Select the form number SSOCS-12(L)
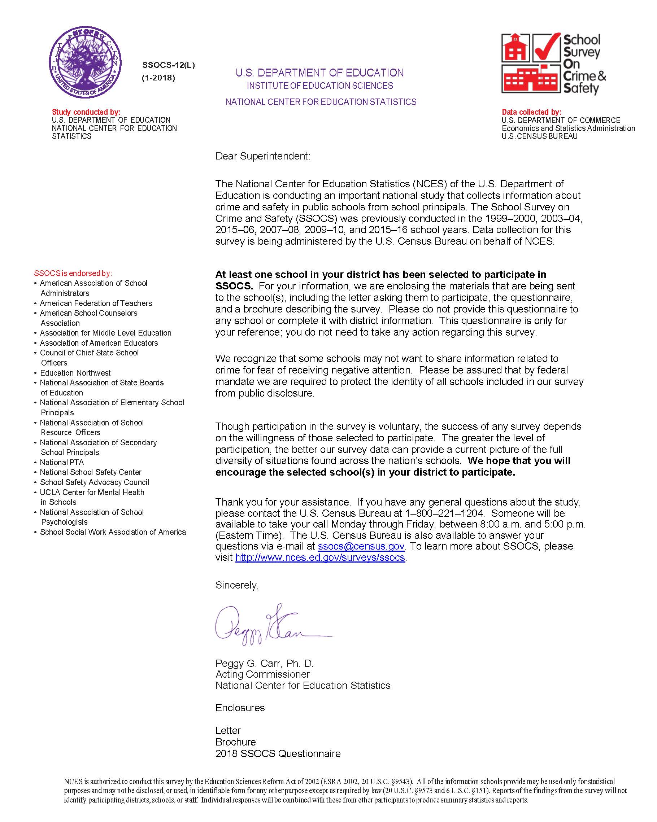point(169,65)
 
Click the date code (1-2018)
point(158,78)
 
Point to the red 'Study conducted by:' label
point(86,112)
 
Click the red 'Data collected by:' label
point(531,112)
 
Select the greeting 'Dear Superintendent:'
point(263,156)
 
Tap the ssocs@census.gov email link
point(361,546)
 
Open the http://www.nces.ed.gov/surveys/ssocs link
point(320,558)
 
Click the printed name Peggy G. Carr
point(264,663)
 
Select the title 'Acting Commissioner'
point(262,674)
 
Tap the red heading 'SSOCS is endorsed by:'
point(73,274)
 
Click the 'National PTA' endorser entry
point(62,463)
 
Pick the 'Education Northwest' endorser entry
point(75,373)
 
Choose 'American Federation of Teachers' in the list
point(96,303)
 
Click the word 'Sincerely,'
point(237,585)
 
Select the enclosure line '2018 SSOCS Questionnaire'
point(278,754)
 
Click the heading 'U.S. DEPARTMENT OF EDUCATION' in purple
point(319,73)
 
